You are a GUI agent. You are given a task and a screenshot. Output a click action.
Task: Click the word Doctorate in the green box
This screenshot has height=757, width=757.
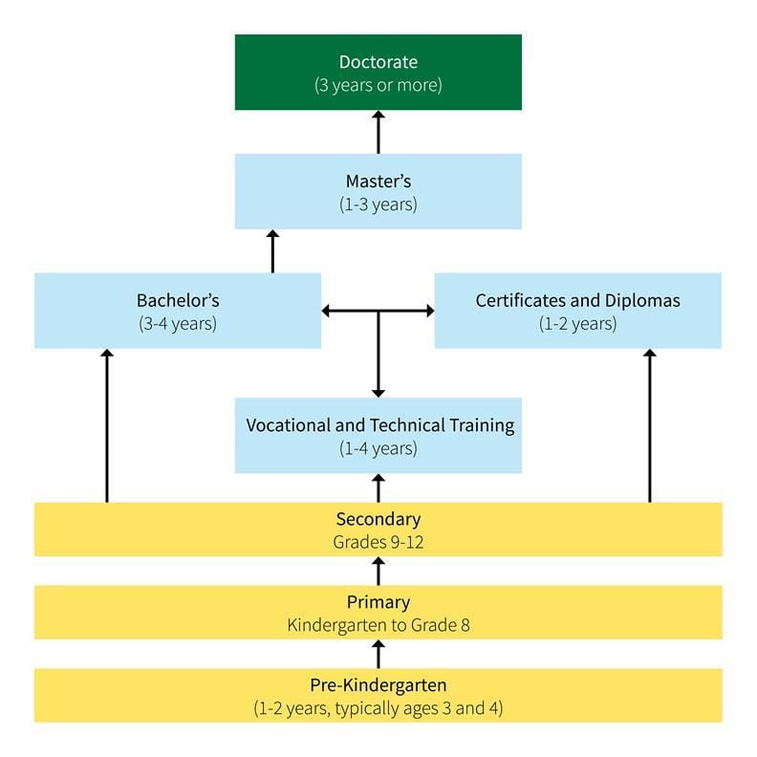pos(378,62)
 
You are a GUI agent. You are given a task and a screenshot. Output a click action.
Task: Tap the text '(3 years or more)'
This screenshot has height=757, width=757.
pos(378,85)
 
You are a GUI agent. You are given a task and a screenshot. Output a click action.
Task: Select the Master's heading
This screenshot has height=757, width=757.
pos(378,181)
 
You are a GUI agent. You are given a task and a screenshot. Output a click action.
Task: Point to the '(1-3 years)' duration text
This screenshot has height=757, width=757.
pos(378,204)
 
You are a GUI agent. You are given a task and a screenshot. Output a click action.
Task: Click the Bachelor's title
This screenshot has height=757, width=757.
pos(177,300)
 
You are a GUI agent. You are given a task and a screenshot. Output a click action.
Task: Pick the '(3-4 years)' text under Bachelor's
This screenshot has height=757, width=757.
pos(177,323)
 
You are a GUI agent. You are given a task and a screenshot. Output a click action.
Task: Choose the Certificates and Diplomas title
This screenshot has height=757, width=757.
pos(577,300)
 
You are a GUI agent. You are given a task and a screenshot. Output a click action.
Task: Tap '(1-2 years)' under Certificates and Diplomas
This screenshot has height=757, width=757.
pos(577,323)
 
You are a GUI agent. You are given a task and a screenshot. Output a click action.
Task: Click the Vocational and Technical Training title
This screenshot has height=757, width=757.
pos(379,425)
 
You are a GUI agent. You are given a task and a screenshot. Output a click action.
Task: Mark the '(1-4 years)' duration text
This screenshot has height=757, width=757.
pos(378,447)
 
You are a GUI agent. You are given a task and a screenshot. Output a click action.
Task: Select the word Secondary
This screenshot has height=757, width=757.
pos(378,519)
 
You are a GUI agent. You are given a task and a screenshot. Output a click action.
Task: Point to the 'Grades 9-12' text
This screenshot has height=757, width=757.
pos(378,541)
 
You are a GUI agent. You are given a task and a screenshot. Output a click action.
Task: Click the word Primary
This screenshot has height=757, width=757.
pos(378,602)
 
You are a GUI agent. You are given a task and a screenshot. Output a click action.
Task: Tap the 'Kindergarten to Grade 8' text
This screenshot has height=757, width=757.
pos(378,625)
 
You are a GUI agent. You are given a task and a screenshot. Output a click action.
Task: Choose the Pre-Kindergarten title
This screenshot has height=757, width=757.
pos(378,685)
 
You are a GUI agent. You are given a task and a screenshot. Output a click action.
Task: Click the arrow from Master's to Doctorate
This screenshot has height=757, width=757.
pos(378,132)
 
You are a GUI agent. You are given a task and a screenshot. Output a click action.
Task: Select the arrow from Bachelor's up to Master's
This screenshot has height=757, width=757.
pos(272,251)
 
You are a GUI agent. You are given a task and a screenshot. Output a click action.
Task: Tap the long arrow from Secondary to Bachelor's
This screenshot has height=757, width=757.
pos(106,425)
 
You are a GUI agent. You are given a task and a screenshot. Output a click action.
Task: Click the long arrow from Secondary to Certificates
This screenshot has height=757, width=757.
pos(650,425)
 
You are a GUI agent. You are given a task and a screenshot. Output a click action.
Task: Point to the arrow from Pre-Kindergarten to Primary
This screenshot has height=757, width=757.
pos(378,655)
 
